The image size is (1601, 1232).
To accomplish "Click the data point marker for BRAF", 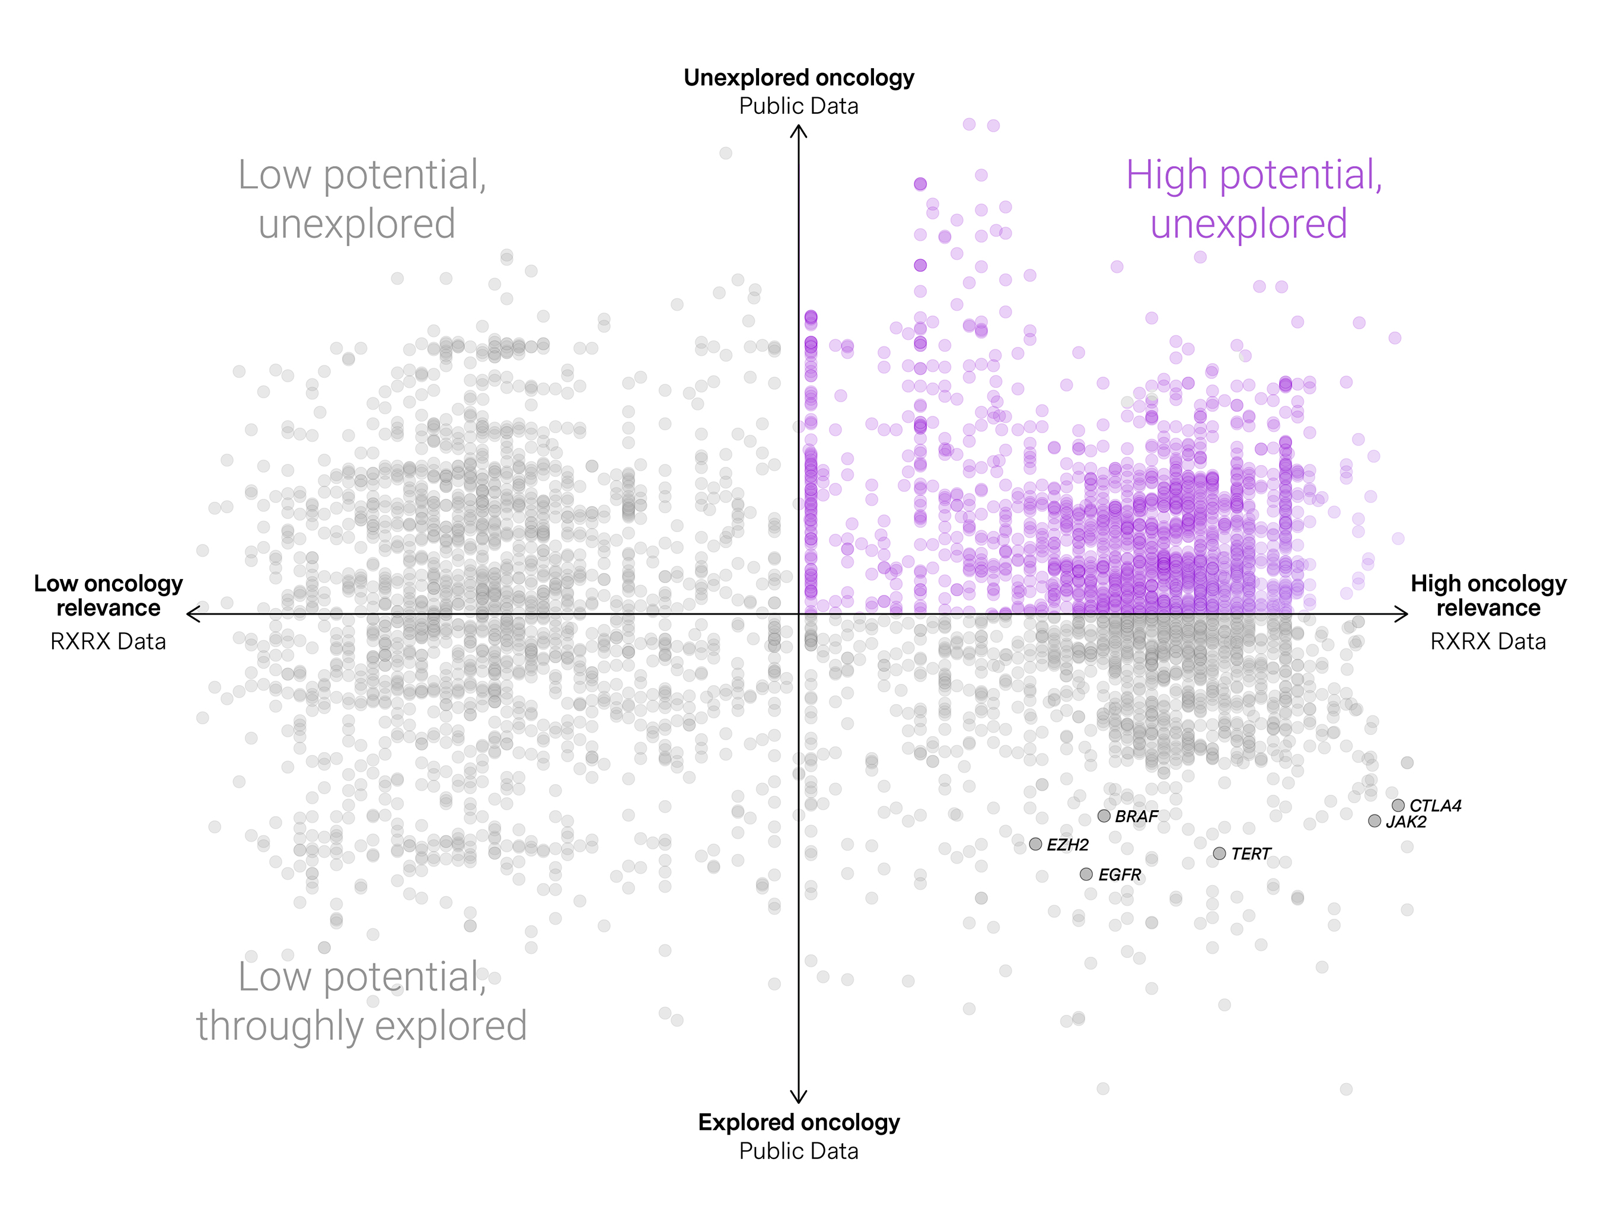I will (1104, 816).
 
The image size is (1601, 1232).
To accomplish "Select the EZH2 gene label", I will (1067, 845).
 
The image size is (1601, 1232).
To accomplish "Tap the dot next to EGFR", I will (1086, 874).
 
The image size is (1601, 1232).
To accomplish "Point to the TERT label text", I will (1251, 854).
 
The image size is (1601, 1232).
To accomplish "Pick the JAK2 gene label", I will (1406, 822).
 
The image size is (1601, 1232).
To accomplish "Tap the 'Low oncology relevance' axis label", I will (109, 596).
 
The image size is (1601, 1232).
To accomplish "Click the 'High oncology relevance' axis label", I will (1488, 596).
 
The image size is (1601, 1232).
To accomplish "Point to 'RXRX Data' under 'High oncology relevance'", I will (1488, 642).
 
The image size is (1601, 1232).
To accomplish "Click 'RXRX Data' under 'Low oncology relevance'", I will (109, 642).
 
